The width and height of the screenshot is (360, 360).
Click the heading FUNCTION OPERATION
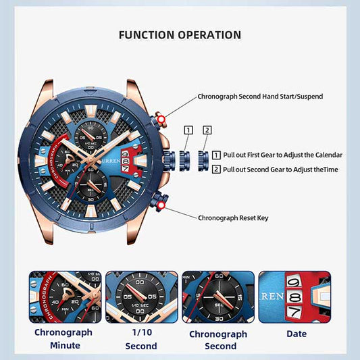tap(180, 34)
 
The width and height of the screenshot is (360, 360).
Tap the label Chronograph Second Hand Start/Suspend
tap(260, 97)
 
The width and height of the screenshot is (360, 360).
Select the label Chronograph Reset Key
tap(233, 218)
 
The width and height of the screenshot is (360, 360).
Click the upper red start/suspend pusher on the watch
tap(161, 120)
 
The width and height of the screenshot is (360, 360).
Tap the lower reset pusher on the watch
tap(161, 199)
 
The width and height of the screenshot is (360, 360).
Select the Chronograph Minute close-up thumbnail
tap(65, 297)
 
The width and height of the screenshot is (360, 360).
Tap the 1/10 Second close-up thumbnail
tap(141, 297)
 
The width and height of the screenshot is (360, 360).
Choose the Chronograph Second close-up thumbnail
tap(218, 297)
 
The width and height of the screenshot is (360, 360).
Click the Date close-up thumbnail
tap(295, 297)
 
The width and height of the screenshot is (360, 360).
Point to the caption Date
tap(296, 334)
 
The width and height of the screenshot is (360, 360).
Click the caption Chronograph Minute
tap(63, 339)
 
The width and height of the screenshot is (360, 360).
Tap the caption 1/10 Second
tap(141, 339)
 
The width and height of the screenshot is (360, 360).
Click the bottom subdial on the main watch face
tap(91, 187)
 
